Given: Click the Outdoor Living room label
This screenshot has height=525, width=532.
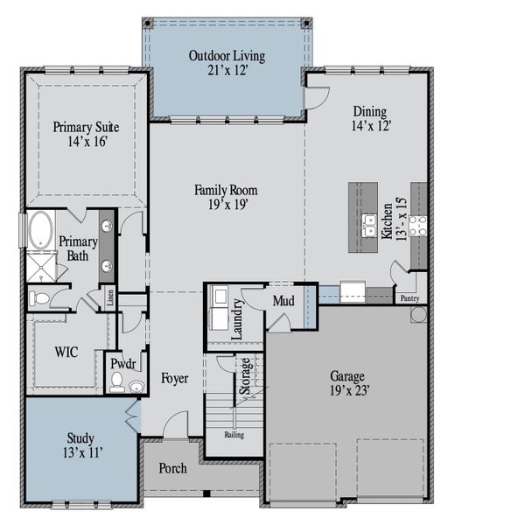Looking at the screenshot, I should pyautogui.click(x=227, y=56).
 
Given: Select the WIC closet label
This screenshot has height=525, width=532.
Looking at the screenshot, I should pyautogui.click(x=66, y=352).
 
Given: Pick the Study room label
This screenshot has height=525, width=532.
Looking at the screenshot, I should pyautogui.click(x=80, y=437).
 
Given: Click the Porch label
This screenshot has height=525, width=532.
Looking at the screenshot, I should pyautogui.click(x=172, y=468).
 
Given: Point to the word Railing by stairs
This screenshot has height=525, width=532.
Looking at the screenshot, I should pyautogui.click(x=234, y=434).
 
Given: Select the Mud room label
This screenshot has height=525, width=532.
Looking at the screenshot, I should pyautogui.click(x=283, y=302).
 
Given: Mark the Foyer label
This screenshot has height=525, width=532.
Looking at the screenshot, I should pyautogui.click(x=174, y=378).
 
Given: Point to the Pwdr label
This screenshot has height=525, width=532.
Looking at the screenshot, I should pyautogui.click(x=120, y=361).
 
